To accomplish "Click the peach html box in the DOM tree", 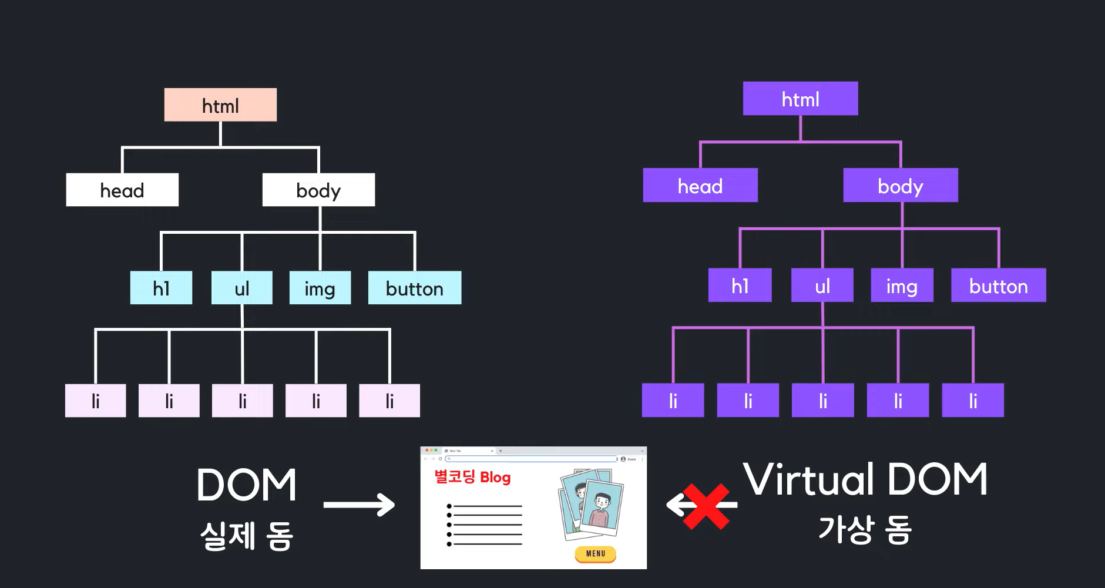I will (x=220, y=105).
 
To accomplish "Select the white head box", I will (x=122, y=190).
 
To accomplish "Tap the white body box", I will (x=318, y=190).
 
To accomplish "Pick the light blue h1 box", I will (x=161, y=288).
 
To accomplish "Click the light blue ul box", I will (x=241, y=288).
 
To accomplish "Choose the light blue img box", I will (x=320, y=288).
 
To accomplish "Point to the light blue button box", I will (x=414, y=288).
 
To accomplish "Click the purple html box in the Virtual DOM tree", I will (x=800, y=99).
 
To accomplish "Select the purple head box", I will (x=700, y=186).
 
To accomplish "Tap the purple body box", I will (x=900, y=186).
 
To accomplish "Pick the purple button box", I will (x=998, y=285).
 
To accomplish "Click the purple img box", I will (x=902, y=285).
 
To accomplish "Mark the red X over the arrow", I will (x=706, y=506).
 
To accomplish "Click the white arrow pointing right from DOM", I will (x=359, y=505).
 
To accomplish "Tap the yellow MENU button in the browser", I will (x=595, y=553).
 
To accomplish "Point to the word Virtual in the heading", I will (x=808, y=479).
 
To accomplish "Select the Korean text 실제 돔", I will (x=246, y=536).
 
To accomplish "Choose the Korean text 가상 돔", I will (x=865, y=529).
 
